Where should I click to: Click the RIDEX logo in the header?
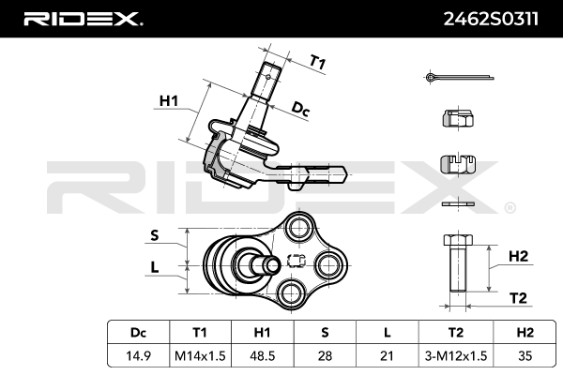click(x=83, y=18)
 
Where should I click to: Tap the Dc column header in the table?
click(x=138, y=333)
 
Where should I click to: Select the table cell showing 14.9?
click(x=138, y=355)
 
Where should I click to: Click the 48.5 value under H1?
click(x=263, y=355)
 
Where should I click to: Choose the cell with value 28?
click(x=325, y=355)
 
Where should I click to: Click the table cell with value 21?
click(x=387, y=355)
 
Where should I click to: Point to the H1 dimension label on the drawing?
click(x=168, y=99)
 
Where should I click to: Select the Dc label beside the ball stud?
click(x=300, y=111)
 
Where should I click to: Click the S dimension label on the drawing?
click(x=155, y=235)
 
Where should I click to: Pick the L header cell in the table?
click(x=387, y=333)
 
